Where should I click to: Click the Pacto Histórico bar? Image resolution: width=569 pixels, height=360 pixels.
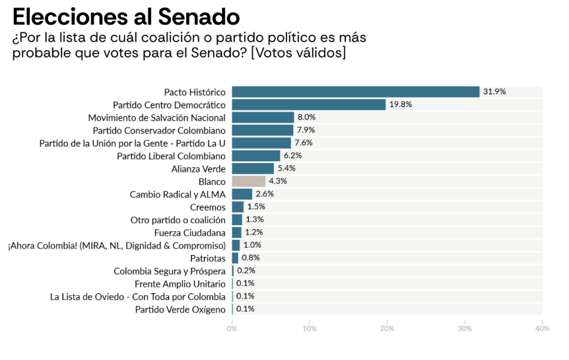point(355,92)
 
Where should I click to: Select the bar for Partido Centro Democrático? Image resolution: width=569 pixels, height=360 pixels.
point(308,104)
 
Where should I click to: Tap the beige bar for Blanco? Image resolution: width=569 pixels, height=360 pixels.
point(248,181)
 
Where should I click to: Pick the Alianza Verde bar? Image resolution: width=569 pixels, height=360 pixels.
point(253,168)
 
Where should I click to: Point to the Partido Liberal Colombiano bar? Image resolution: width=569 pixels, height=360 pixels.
point(256,156)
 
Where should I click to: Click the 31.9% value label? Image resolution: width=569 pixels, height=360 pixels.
point(494,92)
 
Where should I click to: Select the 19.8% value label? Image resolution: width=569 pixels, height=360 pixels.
point(401,104)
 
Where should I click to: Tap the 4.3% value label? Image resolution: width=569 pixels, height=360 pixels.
point(278,181)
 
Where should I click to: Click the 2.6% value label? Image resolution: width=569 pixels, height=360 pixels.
point(265,194)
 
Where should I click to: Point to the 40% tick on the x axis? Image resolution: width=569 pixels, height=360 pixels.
point(542,328)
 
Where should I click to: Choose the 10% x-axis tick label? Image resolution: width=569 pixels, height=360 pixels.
point(310,328)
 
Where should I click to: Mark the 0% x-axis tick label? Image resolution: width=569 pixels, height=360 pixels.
point(232,328)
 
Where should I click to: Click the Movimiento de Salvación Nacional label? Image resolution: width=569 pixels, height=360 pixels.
point(156,118)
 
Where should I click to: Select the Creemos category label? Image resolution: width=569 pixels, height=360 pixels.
point(207,207)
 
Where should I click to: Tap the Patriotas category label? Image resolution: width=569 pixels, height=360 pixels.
point(207,258)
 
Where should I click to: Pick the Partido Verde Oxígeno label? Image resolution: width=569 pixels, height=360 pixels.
point(180,309)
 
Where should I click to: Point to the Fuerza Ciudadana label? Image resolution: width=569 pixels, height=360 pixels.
point(189,233)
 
